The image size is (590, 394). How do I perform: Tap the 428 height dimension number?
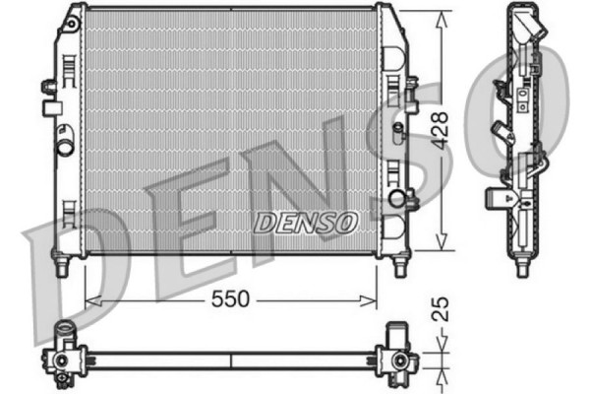(x=442, y=128)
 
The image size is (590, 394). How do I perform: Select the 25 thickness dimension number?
(x=442, y=311)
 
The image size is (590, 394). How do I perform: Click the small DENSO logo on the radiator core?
(x=306, y=223)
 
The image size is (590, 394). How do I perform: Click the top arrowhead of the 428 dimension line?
(x=442, y=15)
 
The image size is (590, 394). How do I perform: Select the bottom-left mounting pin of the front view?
(x=62, y=266)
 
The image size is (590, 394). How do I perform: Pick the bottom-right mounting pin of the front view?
(x=400, y=266)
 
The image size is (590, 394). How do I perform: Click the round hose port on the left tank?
(x=65, y=147)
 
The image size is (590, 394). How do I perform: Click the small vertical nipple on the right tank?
(x=397, y=131)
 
